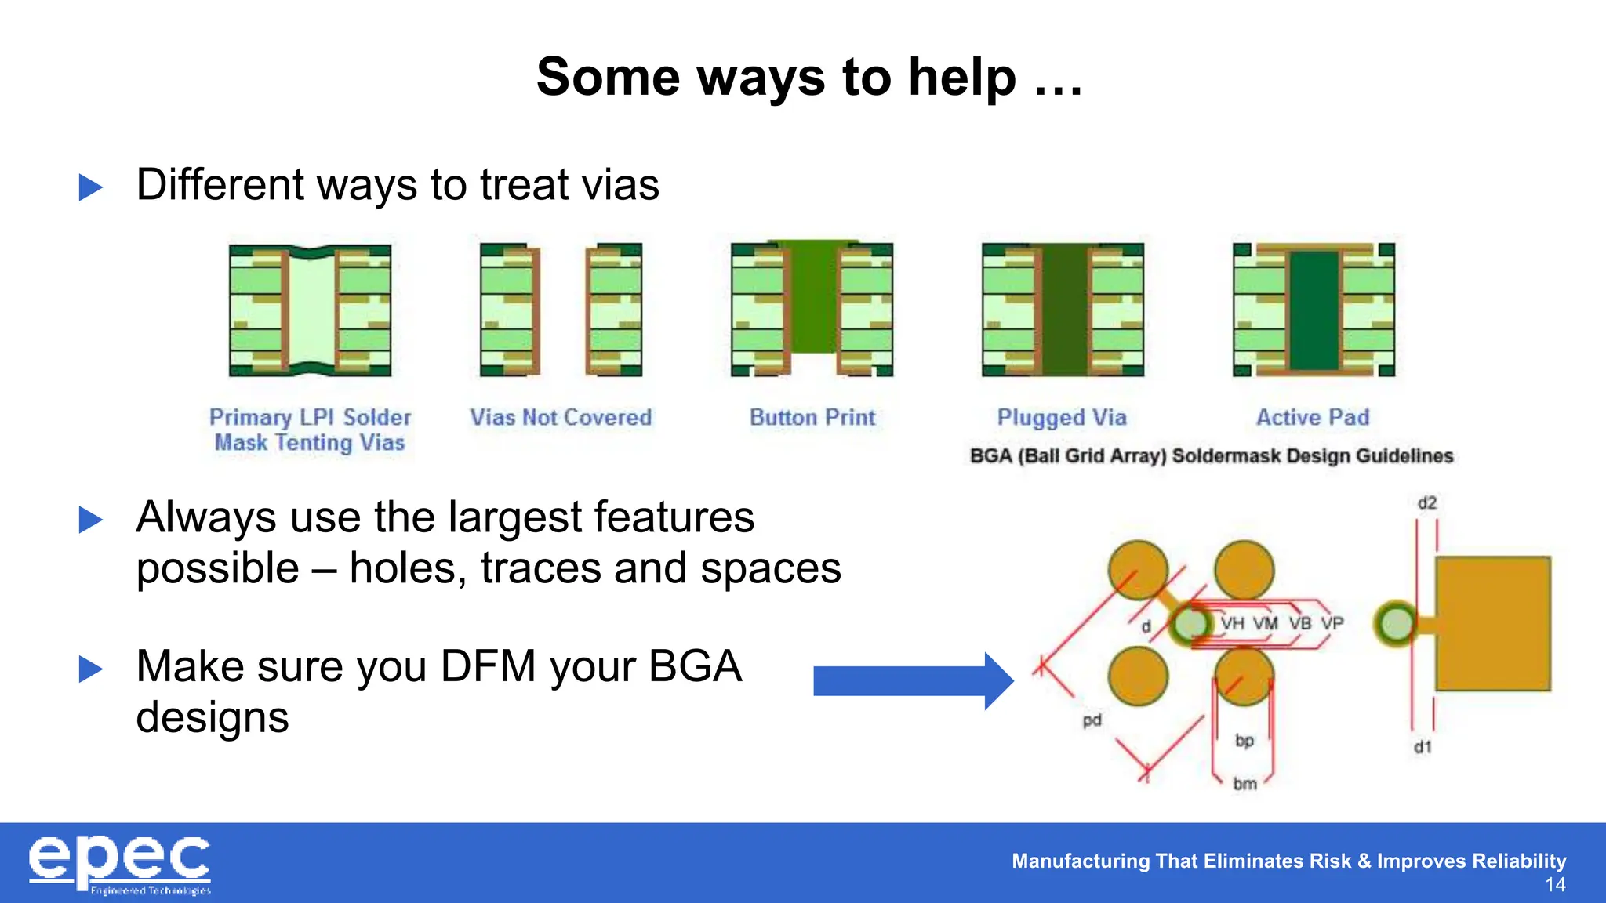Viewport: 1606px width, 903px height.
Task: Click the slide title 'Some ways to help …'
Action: click(809, 78)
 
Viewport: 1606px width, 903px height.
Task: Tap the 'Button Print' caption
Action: click(812, 417)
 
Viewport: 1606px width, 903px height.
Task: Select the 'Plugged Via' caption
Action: click(1062, 417)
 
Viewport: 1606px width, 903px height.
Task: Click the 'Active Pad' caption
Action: click(1313, 417)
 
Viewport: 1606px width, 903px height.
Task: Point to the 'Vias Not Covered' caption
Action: click(561, 417)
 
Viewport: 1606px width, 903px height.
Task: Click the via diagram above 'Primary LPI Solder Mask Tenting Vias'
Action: click(310, 310)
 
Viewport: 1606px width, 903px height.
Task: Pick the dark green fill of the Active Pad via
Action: click(1314, 310)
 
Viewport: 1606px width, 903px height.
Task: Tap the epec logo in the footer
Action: click(119, 864)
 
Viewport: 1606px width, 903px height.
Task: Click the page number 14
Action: click(1555, 885)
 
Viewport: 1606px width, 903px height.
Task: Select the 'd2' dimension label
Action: click(1427, 503)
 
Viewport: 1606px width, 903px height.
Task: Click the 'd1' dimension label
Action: click(1423, 747)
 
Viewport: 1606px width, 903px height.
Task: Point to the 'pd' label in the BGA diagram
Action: click(1092, 720)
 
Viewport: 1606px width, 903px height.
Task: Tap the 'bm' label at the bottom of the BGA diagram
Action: click(1244, 783)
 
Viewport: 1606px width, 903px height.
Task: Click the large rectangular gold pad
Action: click(1493, 624)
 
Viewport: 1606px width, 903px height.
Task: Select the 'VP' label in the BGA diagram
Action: click(1332, 623)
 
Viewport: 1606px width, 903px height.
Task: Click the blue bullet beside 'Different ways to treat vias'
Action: click(91, 187)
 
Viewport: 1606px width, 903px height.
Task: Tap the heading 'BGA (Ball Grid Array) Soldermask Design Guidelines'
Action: click(1211, 456)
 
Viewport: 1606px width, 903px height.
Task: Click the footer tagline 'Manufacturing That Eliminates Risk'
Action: click(1181, 861)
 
